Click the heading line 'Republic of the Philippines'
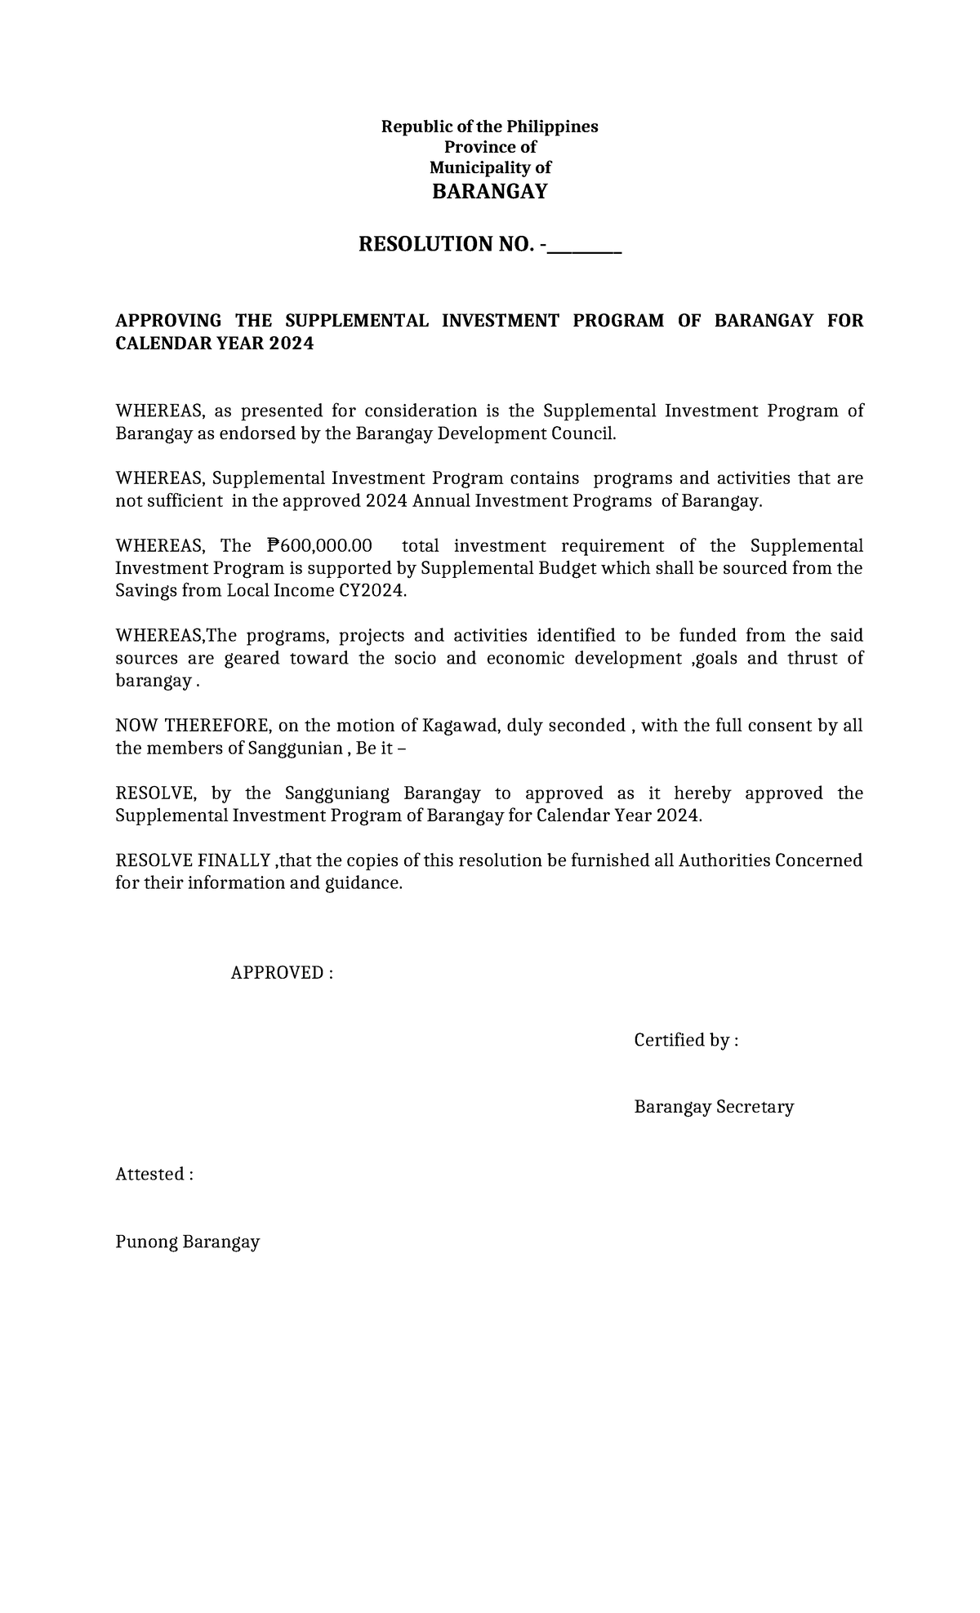coord(490,127)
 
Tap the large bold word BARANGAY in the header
coord(490,192)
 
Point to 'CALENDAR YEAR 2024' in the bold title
coord(214,344)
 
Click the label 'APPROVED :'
coord(282,972)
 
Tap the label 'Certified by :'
coord(686,1039)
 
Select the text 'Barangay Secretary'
coord(714,1107)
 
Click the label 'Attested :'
coord(154,1174)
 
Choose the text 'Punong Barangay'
coord(188,1242)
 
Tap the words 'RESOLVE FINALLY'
coord(193,860)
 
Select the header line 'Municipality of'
coord(490,167)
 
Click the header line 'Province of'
coord(490,147)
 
